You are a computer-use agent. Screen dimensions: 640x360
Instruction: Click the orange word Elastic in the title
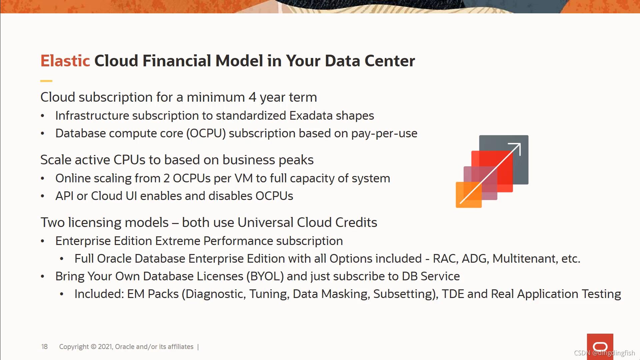click(65, 61)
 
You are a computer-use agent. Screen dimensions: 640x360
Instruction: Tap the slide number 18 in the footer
click(44, 347)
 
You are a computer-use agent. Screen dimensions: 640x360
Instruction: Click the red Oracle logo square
click(600, 347)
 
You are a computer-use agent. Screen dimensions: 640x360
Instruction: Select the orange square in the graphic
click(469, 195)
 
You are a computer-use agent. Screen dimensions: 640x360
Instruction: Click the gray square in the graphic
click(504, 160)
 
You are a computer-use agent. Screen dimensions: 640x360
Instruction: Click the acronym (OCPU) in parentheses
click(206, 133)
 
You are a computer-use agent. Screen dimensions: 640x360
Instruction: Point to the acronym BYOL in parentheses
click(265, 276)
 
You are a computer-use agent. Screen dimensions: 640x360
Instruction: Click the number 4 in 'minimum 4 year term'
click(252, 97)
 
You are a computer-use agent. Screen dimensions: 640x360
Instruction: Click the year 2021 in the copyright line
click(105, 347)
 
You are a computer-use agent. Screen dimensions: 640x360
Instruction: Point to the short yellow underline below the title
click(46, 81)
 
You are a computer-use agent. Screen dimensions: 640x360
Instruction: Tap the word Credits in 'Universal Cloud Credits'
click(356, 222)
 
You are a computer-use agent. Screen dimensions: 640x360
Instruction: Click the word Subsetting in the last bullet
click(404, 294)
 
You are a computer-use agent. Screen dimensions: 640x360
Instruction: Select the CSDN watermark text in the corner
click(604, 353)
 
